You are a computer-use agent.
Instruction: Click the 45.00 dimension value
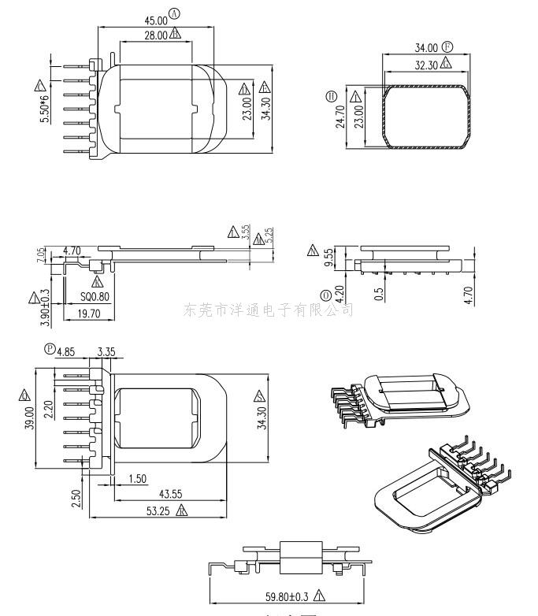[156, 20]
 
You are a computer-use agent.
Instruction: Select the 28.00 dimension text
[155, 35]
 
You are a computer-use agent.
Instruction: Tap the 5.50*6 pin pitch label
[44, 108]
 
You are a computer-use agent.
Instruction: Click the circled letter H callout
[331, 96]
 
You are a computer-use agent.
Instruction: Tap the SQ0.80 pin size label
[95, 299]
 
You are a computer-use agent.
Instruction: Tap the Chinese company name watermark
[269, 310]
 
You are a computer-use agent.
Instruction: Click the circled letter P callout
[50, 348]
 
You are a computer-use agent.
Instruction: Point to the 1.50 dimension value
[136, 478]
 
